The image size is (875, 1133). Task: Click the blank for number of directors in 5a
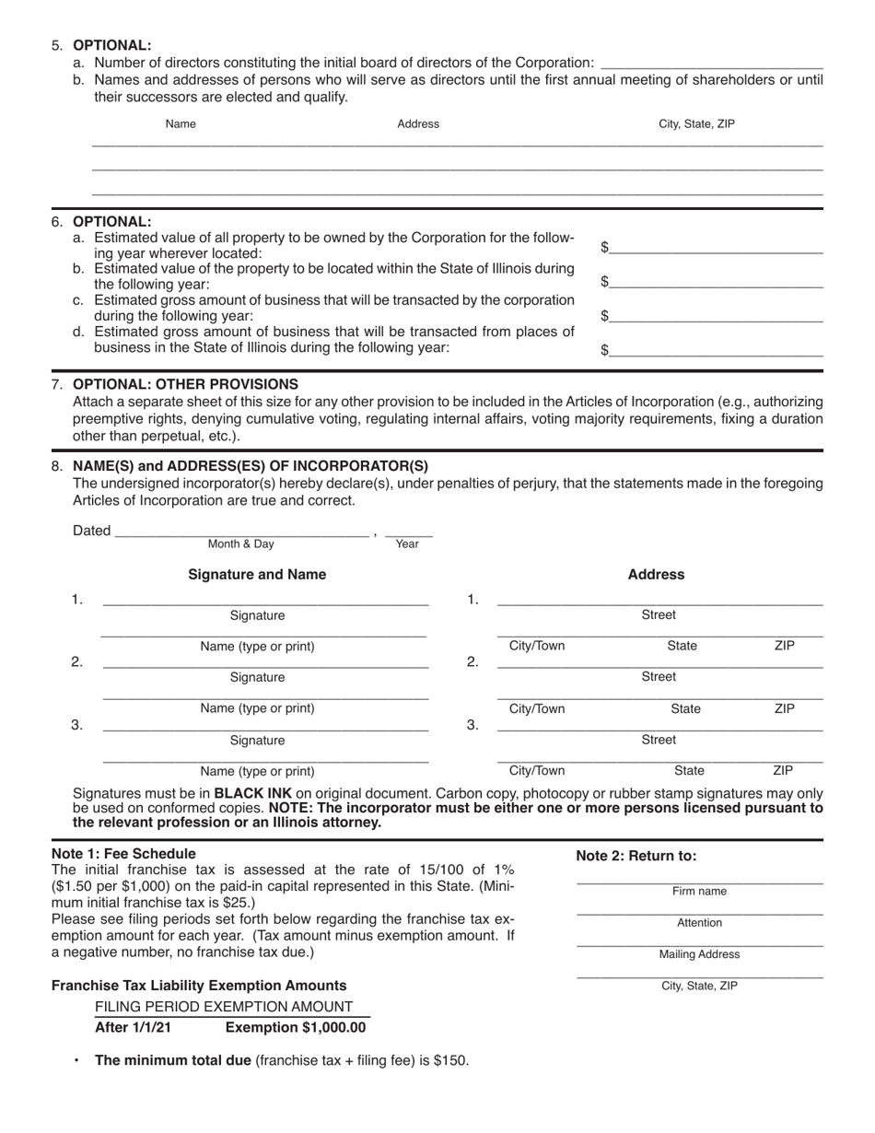point(711,64)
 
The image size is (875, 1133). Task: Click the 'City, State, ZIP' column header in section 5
point(696,123)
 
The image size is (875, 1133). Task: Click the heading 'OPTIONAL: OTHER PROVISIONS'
point(185,384)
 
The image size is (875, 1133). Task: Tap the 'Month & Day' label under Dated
point(240,543)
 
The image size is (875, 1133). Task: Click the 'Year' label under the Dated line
point(407,543)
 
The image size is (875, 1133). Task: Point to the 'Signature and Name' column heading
point(257,575)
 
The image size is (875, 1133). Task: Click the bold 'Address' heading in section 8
point(656,575)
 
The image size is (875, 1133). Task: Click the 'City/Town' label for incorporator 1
point(537,646)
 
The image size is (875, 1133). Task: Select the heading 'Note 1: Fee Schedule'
point(123,854)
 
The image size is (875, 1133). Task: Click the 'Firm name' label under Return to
point(699,892)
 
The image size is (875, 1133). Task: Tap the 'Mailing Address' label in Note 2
point(699,954)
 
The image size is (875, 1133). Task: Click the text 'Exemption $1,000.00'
point(296,1027)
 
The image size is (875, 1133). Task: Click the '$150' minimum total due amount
point(450,1060)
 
